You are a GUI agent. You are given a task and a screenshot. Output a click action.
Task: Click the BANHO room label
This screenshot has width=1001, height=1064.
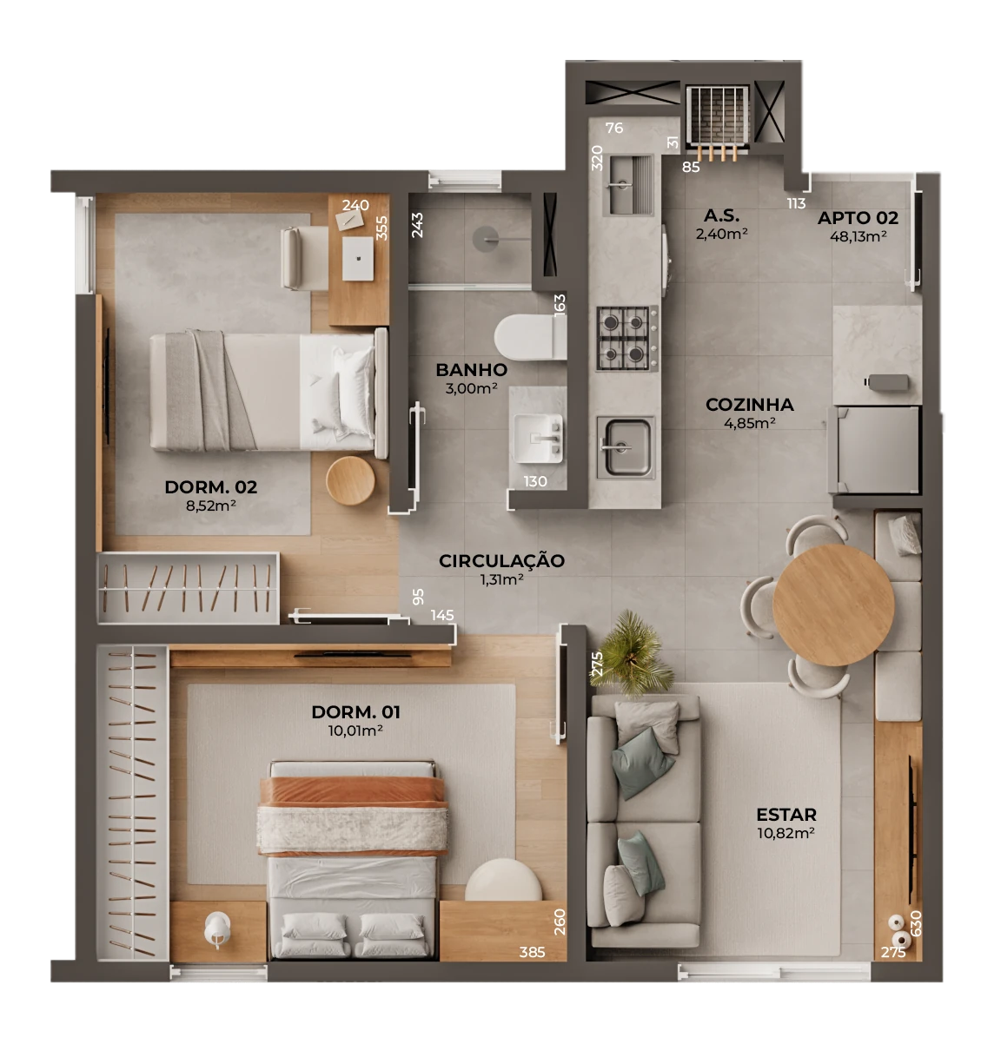pyautogui.click(x=471, y=370)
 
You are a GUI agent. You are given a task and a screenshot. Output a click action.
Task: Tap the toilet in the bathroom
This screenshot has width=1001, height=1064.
pyautogui.click(x=529, y=337)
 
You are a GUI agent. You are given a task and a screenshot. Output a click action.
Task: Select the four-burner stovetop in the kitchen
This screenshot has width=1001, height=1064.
pyautogui.click(x=626, y=338)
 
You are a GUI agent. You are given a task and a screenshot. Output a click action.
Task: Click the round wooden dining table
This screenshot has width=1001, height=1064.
pyautogui.click(x=833, y=605)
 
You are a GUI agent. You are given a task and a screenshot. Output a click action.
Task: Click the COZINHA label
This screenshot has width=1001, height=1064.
pyautogui.click(x=750, y=405)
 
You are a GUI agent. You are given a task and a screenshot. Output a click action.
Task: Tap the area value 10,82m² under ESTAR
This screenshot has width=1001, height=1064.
pyautogui.click(x=786, y=833)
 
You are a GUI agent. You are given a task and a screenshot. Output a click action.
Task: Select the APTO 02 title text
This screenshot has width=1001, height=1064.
pyautogui.click(x=858, y=217)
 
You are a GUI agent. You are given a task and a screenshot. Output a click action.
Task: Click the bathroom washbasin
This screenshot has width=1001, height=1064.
pyautogui.click(x=539, y=439)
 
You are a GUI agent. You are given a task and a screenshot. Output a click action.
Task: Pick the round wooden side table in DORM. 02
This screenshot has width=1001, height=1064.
pyautogui.click(x=351, y=480)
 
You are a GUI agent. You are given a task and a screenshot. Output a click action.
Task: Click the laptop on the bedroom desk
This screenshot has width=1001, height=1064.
pyautogui.click(x=358, y=258)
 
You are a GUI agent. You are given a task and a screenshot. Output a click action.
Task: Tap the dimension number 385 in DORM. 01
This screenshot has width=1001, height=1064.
pyautogui.click(x=532, y=952)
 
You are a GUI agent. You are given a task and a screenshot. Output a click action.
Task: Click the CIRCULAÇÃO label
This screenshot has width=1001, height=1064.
pyautogui.click(x=501, y=560)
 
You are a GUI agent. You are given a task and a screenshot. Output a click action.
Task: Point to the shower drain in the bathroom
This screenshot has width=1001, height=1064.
pyautogui.click(x=487, y=238)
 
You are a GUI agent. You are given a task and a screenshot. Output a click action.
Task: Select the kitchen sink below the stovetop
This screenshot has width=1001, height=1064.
pyautogui.click(x=626, y=447)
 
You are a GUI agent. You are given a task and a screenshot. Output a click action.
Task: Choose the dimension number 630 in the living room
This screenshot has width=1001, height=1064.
pyautogui.click(x=917, y=923)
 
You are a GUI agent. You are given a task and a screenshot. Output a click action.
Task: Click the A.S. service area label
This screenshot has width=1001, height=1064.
pyautogui.click(x=722, y=215)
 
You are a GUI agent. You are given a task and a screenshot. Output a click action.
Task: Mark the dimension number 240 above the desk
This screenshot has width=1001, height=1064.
pyautogui.click(x=355, y=205)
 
